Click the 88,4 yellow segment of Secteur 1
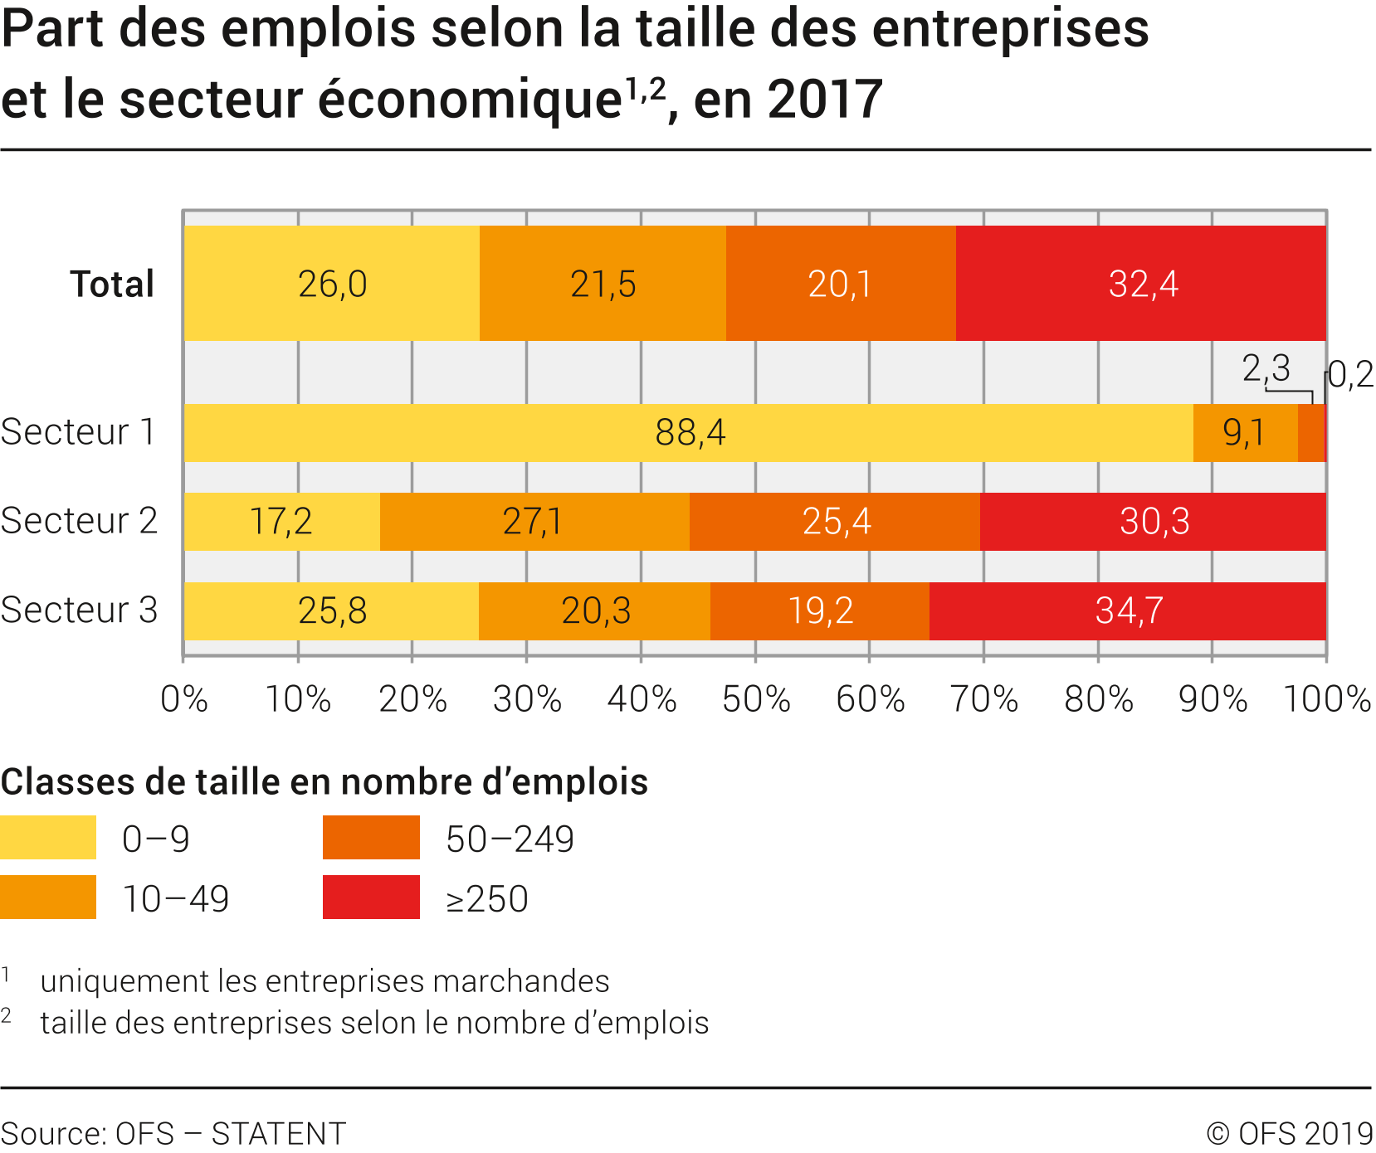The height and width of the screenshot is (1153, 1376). (x=688, y=433)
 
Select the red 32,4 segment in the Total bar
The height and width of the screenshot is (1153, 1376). (x=1141, y=284)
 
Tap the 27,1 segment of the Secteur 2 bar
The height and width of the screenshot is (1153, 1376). (x=534, y=522)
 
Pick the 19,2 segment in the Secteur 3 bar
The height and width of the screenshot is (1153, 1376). (x=820, y=611)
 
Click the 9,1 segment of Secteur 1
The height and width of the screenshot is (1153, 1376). (x=1245, y=433)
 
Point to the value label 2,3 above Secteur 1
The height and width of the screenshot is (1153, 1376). (x=1266, y=367)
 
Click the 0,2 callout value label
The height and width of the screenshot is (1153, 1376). (x=1351, y=375)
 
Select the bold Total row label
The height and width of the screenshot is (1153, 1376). (x=112, y=284)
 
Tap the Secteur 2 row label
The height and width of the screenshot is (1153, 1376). (x=79, y=521)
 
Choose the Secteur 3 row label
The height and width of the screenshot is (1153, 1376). (x=79, y=611)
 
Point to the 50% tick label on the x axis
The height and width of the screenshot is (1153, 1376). (x=755, y=699)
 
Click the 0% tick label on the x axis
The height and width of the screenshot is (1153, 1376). (x=183, y=699)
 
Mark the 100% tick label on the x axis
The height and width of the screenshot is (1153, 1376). (x=1327, y=699)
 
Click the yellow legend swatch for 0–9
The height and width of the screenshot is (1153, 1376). (x=48, y=838)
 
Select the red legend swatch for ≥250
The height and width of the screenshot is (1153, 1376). (x=371, y=898)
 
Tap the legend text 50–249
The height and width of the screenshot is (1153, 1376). (x=510, y=839)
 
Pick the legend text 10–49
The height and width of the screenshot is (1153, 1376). (x=176, y=899)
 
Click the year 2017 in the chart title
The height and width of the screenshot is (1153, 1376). (x=825, y=100)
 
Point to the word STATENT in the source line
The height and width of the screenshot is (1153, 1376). (x=279, y=1133)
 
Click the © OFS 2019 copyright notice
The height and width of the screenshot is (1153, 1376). (x=1289, y=1133)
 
